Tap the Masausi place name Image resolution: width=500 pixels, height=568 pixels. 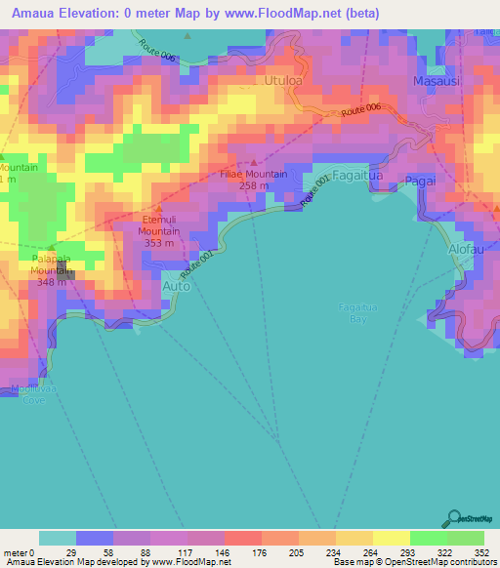point(435,82)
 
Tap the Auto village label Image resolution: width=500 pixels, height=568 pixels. point(176,286)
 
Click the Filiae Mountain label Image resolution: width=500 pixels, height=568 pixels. point(253,174)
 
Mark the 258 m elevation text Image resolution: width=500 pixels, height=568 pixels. point(253,185)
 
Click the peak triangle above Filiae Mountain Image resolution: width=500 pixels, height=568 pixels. point(254,162)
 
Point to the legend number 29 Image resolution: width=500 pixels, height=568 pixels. point(68,553)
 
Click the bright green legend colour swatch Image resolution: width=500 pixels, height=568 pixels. point(465,538)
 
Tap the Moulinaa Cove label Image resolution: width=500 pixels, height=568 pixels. point(28,394)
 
